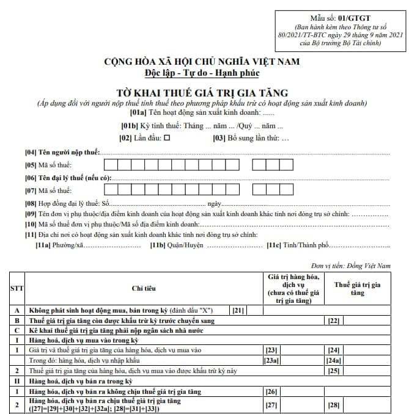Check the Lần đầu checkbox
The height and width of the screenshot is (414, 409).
(x=167, y=139)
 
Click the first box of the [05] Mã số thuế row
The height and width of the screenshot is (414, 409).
(x=110, y=164)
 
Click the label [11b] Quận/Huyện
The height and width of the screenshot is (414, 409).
(x=177, y=245)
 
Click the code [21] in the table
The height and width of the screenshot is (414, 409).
(x=238, y=310)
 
